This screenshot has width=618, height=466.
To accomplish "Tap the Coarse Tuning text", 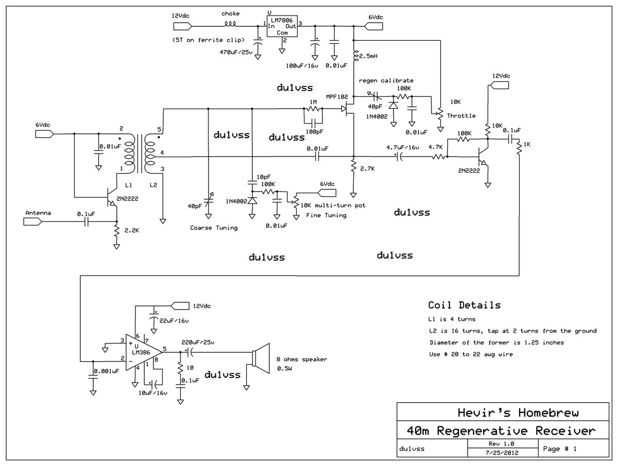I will (214, 228).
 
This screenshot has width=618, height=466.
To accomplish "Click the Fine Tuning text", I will (326, 215).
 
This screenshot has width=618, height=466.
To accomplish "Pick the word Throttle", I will (462, 115).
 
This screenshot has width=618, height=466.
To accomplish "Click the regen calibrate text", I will (386, 81).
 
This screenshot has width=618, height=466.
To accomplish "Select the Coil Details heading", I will (464, 305).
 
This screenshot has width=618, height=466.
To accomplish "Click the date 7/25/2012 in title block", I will (501, 453).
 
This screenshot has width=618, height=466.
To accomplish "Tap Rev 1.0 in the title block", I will (501, 443).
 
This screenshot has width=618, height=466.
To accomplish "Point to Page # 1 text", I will (560, 448).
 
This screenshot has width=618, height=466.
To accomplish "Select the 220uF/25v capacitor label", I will (198, 342).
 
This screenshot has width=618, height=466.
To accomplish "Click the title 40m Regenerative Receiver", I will (501, 430).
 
